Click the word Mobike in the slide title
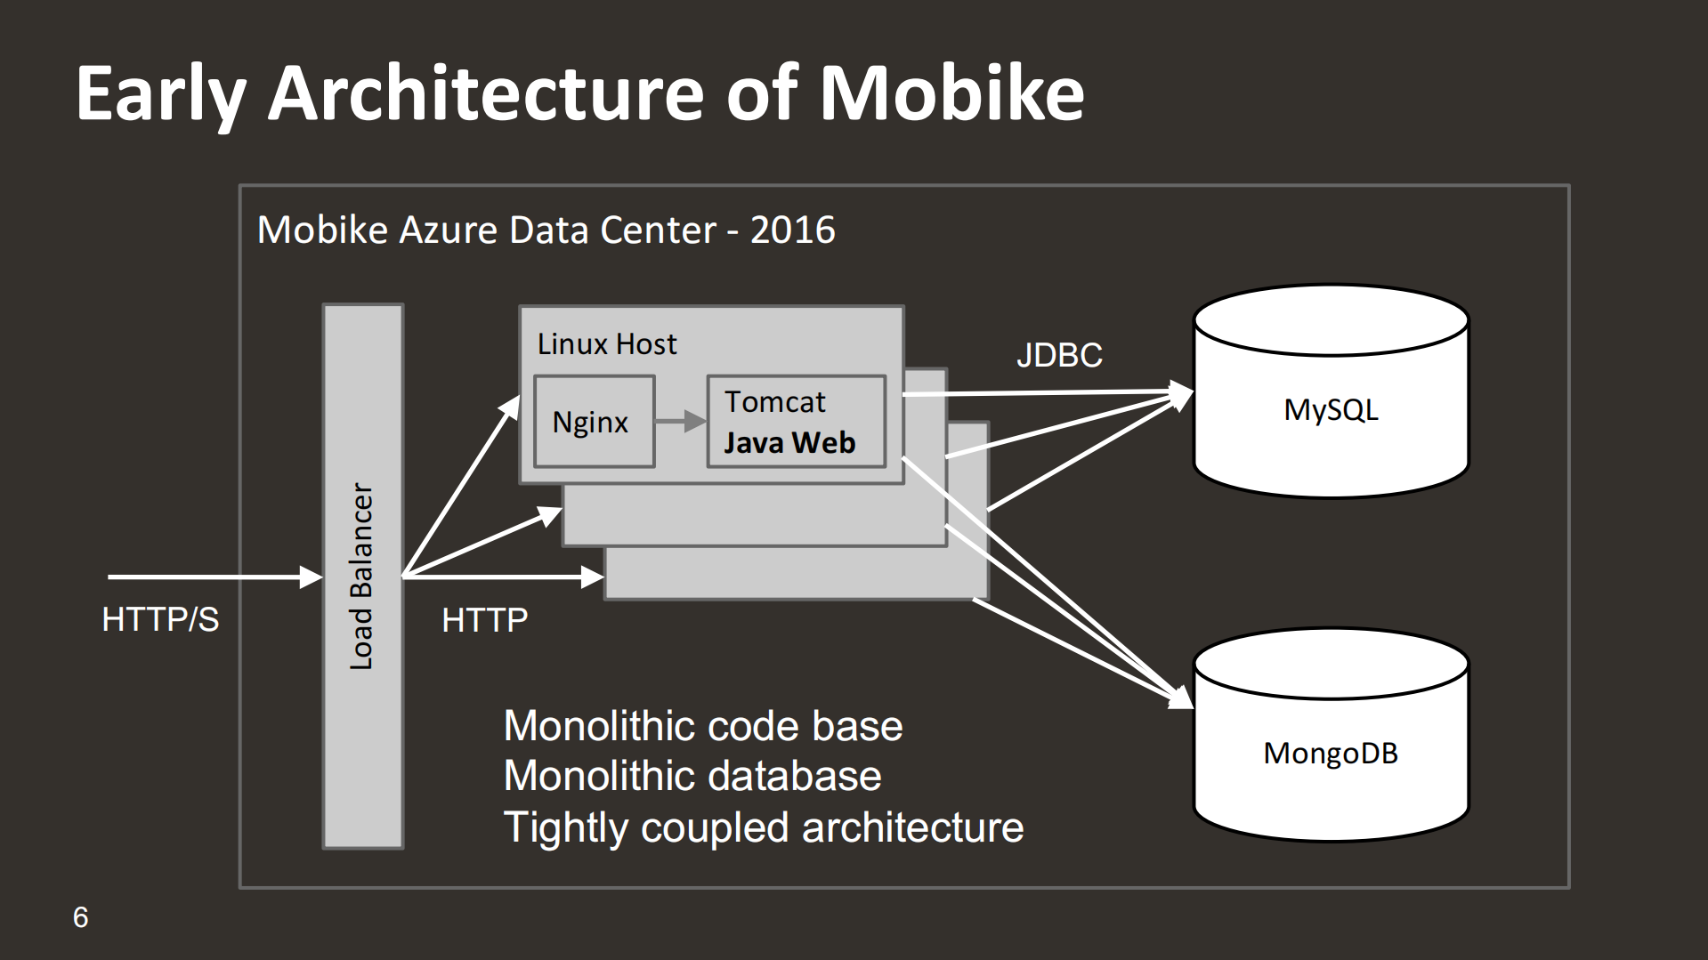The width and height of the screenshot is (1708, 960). [951, 93]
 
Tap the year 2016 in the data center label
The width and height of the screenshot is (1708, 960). [792, 230]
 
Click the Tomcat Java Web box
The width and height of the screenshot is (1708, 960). [796, 422]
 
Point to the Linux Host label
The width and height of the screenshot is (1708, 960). [607, 344]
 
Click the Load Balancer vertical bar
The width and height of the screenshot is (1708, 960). [362, 577]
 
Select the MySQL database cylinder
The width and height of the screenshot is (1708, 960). [1330, 409]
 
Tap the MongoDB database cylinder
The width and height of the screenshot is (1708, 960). [1330, 753]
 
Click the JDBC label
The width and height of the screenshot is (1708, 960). [1059, 355]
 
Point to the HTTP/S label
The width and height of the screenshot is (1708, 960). [160, 619]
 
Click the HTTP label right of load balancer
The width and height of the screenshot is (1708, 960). [484, 620]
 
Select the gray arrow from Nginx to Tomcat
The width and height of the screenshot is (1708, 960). [680, 422]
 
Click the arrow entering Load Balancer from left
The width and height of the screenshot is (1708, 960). [214, 577]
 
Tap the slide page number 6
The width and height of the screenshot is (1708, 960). [81, 917]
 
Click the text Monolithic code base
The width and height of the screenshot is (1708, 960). [703, 726]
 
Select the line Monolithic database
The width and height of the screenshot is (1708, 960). [692, 776]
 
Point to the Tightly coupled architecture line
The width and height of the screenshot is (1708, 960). [763, 827]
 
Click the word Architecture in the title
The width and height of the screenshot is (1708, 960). [486, 93]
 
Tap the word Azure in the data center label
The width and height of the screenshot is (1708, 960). [449, 230]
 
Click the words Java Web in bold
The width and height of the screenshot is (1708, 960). [789, 443]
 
